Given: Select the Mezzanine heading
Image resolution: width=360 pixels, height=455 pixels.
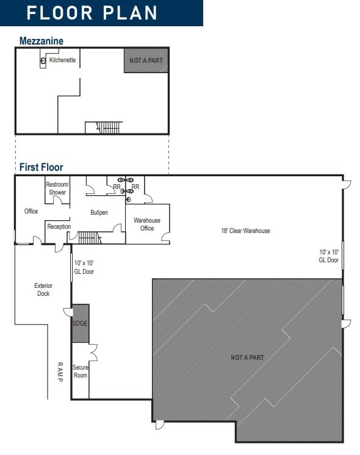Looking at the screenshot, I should click(41, 41).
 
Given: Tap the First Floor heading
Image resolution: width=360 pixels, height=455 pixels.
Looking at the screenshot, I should click(41, 167).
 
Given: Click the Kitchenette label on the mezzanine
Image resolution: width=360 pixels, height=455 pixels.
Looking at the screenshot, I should click(62, 60).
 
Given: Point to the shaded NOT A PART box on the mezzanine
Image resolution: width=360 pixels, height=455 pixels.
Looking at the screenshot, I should click(146, 60).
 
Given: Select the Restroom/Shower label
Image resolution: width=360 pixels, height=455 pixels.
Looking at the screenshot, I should click(57, 188).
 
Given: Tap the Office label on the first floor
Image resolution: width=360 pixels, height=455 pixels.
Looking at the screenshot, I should click(31, 211).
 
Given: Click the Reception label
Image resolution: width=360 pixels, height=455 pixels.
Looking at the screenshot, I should click(59, 226).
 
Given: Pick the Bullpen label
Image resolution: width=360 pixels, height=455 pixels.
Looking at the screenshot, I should click(99, 212).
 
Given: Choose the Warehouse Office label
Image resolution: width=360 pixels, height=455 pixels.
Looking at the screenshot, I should click(146, 224).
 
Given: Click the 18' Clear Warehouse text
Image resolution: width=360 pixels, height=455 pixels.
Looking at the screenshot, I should click(245, 231).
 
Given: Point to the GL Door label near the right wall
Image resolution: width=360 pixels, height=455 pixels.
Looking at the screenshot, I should click(328, 256).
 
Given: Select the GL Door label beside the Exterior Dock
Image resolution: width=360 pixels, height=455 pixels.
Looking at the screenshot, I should click(84, 267).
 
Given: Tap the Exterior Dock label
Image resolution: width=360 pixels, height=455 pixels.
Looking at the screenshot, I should click(43, 289).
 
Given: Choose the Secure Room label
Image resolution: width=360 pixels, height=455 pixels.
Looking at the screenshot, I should click(81, 371).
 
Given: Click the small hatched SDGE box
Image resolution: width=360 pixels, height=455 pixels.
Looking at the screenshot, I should click(81, 323).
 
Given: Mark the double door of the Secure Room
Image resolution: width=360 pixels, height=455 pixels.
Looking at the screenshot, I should click(93, 353).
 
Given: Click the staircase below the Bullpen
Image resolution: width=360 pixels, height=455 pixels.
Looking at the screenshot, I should click(89, 237).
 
